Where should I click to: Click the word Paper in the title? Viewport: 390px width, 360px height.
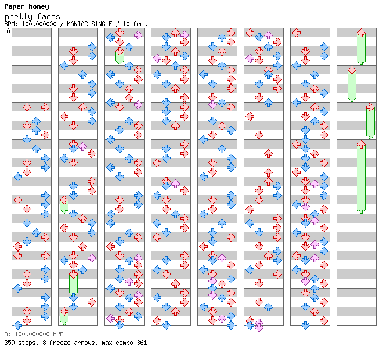point(15,7)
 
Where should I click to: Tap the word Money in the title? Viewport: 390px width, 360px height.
point(39,7)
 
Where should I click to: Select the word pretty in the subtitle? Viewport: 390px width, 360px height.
point(19,17)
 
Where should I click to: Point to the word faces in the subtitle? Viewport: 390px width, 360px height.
point(49,17)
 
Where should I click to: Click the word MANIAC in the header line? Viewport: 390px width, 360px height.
point(77,24)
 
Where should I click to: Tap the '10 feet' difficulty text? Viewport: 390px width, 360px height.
point(135,24)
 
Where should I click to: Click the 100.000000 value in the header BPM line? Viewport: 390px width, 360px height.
point(39,24)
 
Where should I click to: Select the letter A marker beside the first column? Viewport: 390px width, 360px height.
point(9,31)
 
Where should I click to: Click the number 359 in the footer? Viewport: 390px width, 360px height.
point(9,343)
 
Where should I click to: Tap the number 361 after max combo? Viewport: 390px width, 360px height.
point(142,343)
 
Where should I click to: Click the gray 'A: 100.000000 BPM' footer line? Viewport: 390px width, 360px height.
point(34,334)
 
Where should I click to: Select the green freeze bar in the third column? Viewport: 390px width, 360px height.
point(120,57)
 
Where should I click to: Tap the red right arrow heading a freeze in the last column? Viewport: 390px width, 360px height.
point(370,107)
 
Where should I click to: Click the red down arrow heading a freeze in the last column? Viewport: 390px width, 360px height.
point(352,70)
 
